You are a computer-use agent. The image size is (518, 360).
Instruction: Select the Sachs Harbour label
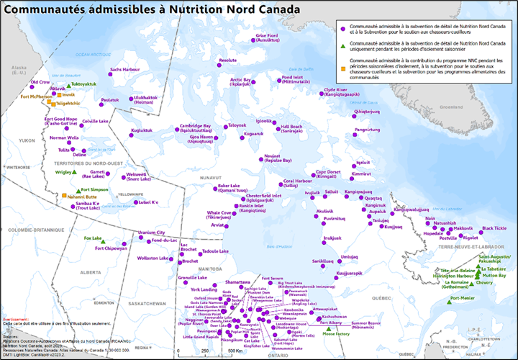pyautogui.click(x=124, y=70)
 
